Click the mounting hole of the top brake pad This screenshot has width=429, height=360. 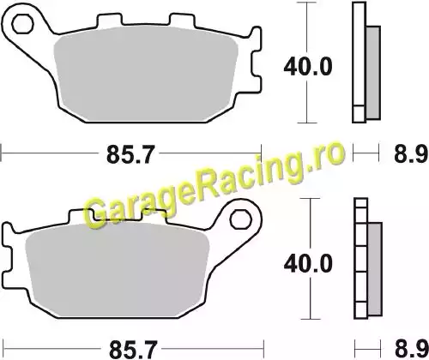22,23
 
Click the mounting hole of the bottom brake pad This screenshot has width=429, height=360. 241,219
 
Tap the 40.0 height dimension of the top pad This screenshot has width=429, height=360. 308,67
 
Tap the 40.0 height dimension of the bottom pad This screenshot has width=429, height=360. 308,264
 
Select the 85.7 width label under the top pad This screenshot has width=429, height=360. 130,154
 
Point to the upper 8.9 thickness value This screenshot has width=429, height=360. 411,155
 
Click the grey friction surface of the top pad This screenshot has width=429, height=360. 146,75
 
